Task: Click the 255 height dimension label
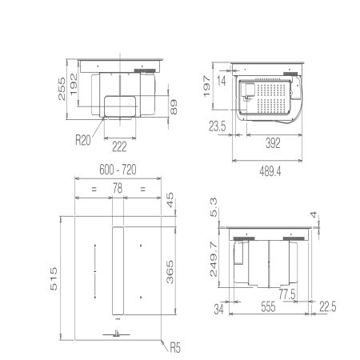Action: click(62, 89)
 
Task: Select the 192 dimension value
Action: click(74, 84)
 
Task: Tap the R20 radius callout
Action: click(83, 140)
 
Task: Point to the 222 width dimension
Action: click(119, 146)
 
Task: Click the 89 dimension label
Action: click(174, 106)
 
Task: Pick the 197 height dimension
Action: click(206, 86)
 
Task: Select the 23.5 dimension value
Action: click(218, 126)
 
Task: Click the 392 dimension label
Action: click(273, 143)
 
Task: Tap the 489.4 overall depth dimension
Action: click(270, 171)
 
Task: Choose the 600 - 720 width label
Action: click(118, 170)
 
